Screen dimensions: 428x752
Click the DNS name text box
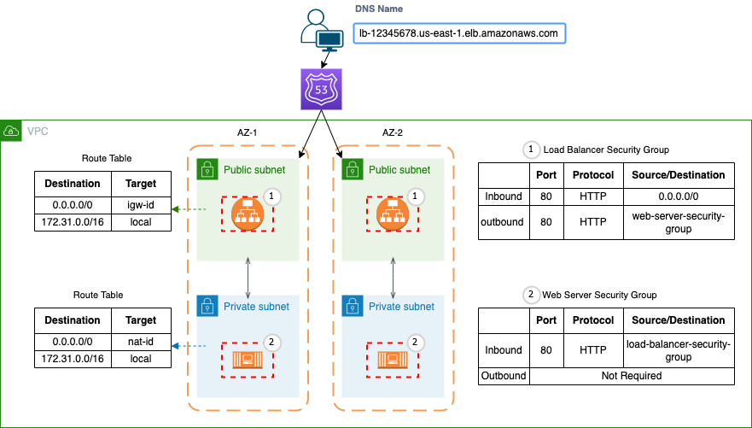(460, 34)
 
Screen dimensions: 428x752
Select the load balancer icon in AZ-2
(393, 214)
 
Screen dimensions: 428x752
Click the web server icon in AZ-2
(393, 359)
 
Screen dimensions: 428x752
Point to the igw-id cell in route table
(140, 206)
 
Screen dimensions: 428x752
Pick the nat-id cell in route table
(140, 341)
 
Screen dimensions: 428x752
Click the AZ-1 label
(248, 132)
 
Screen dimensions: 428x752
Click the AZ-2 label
(393, 132)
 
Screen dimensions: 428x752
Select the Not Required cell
(631, 375)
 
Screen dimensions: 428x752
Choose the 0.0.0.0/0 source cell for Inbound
(678, 196)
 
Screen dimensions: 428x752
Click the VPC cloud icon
(11, 131)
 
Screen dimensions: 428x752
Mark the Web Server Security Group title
(599, 295)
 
